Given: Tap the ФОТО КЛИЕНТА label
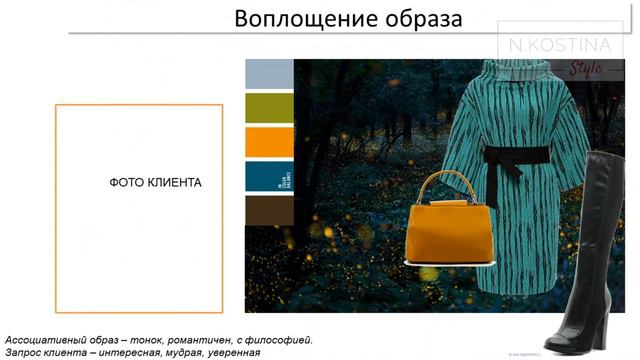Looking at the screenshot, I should [155, 183].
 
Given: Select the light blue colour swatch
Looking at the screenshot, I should [269, 73].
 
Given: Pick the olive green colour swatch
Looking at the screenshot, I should [269, 107].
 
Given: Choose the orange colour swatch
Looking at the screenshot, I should [269, 141].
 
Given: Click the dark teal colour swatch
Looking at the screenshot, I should [269, 176].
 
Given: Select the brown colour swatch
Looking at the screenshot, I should [269, 210].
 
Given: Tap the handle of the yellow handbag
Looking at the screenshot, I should [441, 180].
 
